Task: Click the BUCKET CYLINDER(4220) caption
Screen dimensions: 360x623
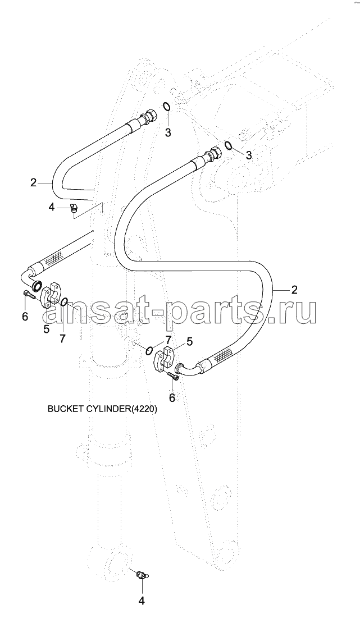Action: [x=102, y=409]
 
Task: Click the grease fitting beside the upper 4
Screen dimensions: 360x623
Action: [x=74, y=208]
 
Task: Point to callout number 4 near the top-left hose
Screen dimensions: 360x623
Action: [x=51, y=207]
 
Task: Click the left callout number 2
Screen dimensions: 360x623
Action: [x=33, y=182]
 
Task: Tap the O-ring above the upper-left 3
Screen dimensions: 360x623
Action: [x=167, y=107]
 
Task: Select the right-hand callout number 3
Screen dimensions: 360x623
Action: [x=249, y=155]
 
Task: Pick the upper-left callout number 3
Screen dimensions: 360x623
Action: [x=168, y=132]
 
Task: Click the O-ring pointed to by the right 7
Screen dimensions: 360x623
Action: [x=150, y=350]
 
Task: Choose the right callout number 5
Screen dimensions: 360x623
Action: [x=190, y=341]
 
